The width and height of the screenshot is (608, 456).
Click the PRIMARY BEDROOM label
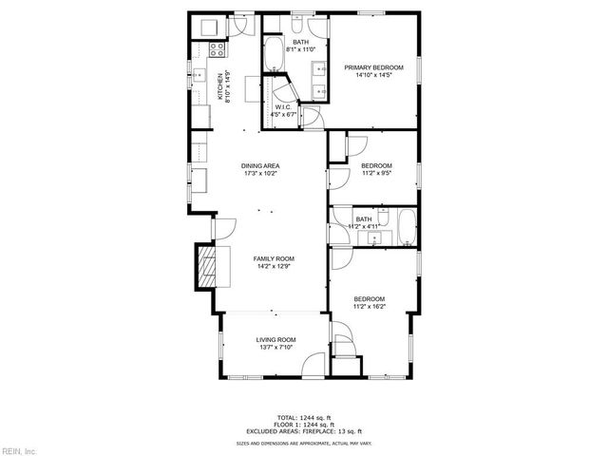[x=374, y=67]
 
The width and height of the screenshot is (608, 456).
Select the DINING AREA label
[x=259, y=167]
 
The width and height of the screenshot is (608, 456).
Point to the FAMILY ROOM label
[x=273, y=258]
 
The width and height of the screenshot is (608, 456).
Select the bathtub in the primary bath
[x=273, y=54]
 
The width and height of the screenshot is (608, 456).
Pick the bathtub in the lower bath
[x=406, y=226]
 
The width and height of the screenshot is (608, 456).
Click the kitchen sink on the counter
[x=201, y=76]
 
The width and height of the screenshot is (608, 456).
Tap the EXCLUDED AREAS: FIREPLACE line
[x=304, y=432]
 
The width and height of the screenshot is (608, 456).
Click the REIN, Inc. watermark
[x=19, y=449]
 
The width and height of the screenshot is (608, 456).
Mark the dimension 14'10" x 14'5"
[x=374, y=75]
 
